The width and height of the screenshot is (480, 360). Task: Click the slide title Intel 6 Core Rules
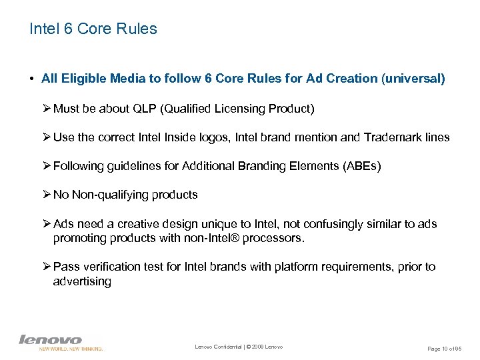[x=93, y=29]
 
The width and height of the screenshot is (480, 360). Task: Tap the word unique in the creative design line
[x=217, y=224]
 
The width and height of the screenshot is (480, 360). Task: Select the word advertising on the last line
[x=82, y=281]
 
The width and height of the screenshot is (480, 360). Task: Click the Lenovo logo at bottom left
[x=51, y=341]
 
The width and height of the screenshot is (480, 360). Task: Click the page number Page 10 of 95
[x=443, y=349]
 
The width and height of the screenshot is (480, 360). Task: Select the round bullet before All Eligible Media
[x=31, y=79]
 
